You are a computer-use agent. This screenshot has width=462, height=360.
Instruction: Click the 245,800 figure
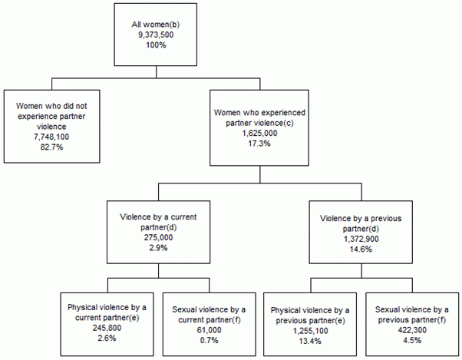point(107,326)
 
